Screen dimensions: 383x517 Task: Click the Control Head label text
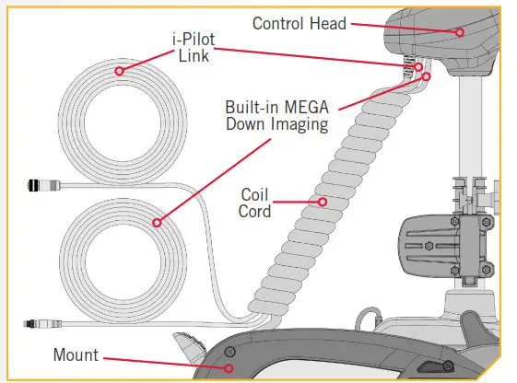(x=300, y=21)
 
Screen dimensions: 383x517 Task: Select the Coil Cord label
(x=255, y=203)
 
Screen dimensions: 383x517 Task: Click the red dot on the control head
(x=457, y=32)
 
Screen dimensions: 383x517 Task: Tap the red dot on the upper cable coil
(x=118, y=71)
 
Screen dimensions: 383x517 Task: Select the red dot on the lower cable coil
(x=158, y=222)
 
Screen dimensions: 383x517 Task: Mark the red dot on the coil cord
(x=322, y=201)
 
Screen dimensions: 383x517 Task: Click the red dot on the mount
(x=229, y=367)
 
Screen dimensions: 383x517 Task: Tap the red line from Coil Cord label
(x=296, y=201)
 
